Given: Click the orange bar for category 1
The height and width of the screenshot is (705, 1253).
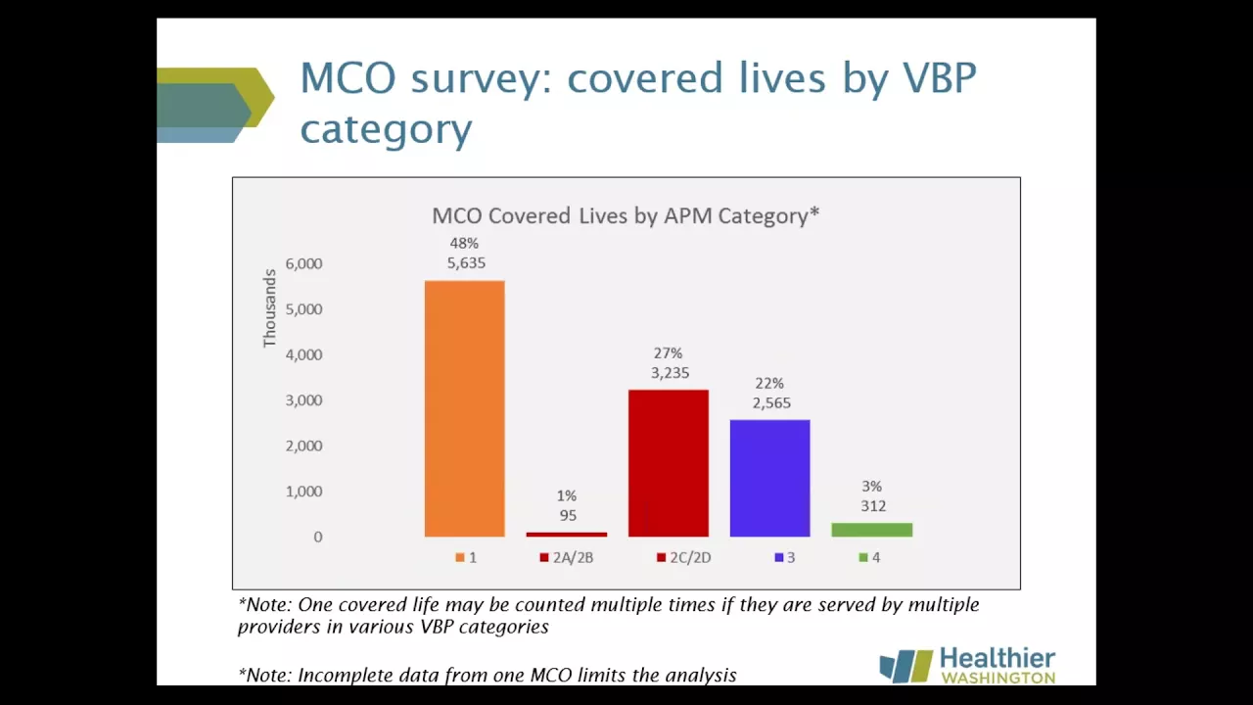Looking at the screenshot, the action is point(464,408).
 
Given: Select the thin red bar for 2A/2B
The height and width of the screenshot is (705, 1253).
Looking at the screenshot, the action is point(566,535).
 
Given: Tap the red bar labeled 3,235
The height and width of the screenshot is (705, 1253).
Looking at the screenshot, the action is point(669,463).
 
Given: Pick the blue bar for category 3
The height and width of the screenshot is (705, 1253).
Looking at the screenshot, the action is point(769,479).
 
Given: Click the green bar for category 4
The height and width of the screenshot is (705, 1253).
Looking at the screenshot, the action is point(871,530).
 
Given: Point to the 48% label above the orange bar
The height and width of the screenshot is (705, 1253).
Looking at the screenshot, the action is point(464,244).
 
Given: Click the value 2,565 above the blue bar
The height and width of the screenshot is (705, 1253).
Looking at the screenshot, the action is point(771,402).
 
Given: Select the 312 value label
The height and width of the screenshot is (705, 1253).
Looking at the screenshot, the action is point(873,506).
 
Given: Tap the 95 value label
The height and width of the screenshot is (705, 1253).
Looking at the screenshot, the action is point(568,515).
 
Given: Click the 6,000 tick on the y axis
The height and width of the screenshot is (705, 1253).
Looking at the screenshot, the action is point(303,263).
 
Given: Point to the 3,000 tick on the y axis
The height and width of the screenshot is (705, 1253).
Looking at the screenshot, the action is point(303,400).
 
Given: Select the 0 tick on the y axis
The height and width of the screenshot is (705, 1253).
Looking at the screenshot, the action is point(318,537).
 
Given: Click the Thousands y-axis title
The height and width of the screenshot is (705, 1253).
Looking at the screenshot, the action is point(269,308).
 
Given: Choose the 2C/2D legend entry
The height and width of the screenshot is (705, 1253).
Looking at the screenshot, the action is point(684,557).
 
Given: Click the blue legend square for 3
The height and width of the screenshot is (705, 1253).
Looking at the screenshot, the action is point(778,557).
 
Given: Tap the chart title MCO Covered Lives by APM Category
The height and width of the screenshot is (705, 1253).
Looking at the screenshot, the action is point(626,215).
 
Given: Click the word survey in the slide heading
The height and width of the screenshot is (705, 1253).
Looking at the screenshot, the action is point(481,79).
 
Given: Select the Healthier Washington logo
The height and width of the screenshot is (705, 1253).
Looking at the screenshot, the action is point(967,665).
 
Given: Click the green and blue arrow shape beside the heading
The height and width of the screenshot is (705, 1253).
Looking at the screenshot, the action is point(215,105).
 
